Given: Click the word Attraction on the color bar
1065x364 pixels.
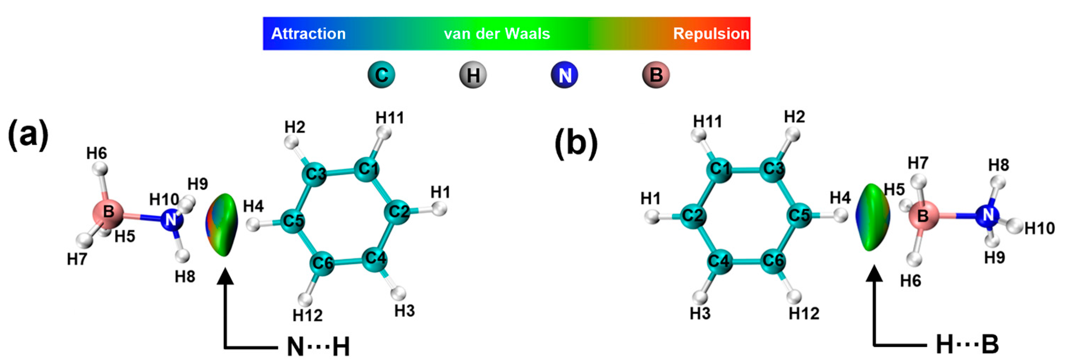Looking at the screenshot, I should pos(308,33).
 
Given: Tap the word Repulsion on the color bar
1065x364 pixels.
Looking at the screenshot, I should pos(711,33).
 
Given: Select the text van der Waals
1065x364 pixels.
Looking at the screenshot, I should pos(497,33).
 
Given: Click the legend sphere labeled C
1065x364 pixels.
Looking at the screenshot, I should pos(381,75).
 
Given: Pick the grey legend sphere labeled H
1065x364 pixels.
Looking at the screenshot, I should pos(473,75).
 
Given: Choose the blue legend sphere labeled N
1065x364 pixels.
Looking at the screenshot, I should pos(564,75).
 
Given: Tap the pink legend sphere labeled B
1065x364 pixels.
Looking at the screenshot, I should pos(656,75).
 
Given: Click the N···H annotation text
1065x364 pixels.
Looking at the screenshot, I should pos(318,346).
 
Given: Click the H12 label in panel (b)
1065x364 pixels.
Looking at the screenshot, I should pos(804,314).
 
